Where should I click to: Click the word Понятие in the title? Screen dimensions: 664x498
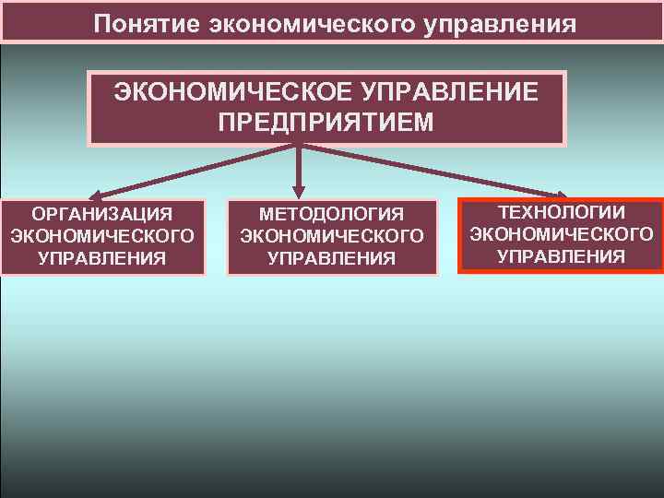148,23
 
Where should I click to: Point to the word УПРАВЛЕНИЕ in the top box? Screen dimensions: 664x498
441,93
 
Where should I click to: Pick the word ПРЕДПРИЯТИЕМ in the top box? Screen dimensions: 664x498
326,122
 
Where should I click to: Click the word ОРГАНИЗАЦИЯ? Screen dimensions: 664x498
101,215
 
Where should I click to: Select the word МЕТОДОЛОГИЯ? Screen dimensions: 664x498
332,215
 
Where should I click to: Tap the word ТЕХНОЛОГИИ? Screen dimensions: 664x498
562,213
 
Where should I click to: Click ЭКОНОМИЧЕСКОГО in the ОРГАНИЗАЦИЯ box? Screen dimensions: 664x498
101,236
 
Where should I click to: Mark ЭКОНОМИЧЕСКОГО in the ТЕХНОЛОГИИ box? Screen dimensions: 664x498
562,234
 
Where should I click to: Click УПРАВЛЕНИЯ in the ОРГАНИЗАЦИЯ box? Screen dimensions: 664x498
101,257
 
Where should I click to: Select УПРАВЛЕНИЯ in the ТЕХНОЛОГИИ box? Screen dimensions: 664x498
562,255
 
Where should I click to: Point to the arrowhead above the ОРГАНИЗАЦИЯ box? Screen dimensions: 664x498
97,194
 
